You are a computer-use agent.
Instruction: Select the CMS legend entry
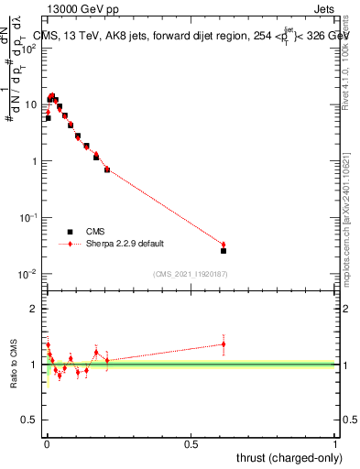coord(94,233)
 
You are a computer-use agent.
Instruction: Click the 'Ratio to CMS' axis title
coord(14,364)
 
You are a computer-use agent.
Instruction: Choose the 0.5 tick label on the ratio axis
coord(29,420)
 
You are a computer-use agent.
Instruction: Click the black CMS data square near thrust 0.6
coord(224,250)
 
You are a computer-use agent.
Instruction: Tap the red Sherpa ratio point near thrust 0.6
coord(224,344)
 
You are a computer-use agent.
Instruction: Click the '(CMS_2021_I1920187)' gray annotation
coord(189,274)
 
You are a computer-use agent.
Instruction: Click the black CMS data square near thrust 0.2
coord(107,169)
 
